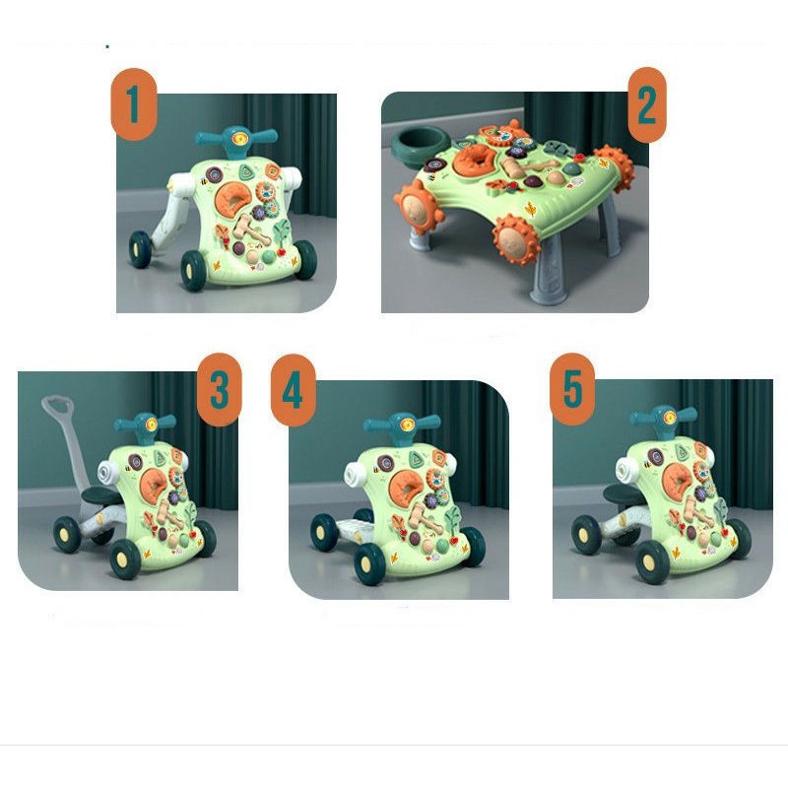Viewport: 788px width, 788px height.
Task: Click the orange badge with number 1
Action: point(134,104)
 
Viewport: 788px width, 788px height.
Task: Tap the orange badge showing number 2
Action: point(647,104)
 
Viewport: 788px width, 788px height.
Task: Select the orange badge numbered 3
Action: point(219,389)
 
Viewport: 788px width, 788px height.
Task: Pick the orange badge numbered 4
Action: point(293,390)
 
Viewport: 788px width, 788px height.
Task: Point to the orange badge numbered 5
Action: point(572,389)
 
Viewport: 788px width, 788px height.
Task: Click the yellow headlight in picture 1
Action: point(241,138)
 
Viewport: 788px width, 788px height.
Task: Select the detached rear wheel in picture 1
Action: point(139,249)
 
